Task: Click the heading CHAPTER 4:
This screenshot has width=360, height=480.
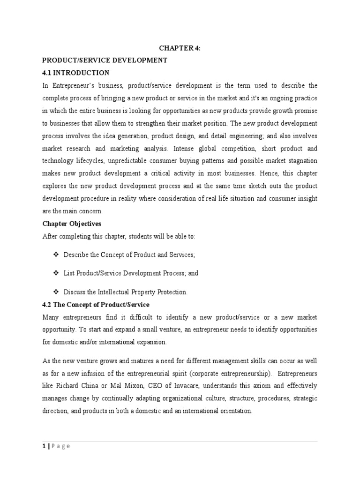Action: click(x=180, y=48)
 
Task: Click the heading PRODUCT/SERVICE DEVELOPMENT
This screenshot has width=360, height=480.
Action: click(x=105, y=60)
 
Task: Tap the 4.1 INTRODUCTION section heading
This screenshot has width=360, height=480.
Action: click(x=75, y=73)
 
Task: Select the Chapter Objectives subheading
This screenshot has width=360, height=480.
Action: click(x=72, y=224)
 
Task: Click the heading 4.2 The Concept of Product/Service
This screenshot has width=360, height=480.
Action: click(x=96, y=305)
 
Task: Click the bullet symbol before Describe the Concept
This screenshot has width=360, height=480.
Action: click(x=56, y=254)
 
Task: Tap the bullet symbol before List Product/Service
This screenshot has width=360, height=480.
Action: click(x=56, y=273)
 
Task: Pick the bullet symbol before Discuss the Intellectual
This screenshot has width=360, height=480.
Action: click(x=56, y=292)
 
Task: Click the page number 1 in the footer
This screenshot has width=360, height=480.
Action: click(x=44, y=446)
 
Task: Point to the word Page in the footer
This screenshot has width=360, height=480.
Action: click(x=61, y=446)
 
